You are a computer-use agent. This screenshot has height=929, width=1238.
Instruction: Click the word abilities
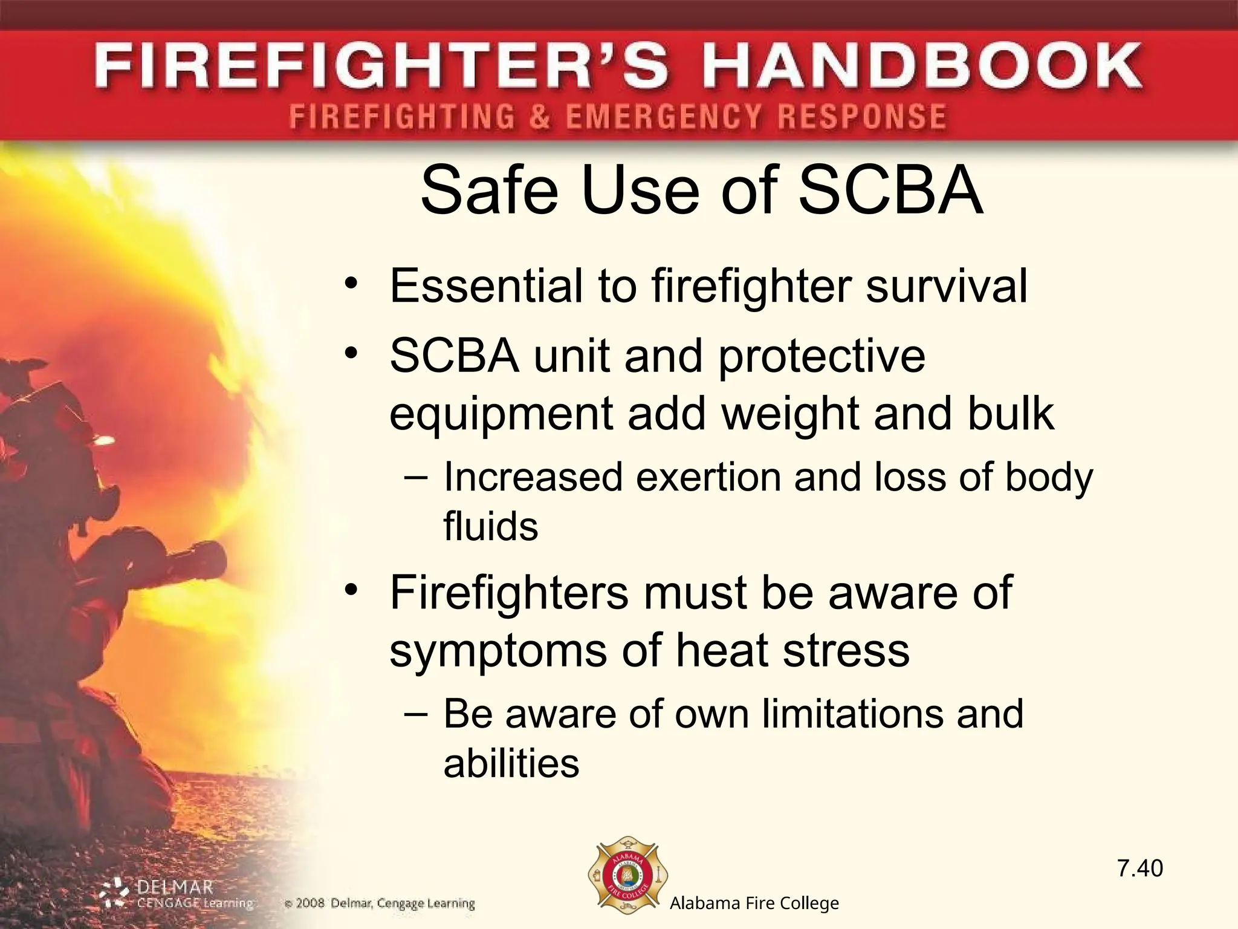pyautogui.click(x=511, y=763)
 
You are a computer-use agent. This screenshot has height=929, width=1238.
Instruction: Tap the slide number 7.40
pyautogui.click(x=1139, y=869)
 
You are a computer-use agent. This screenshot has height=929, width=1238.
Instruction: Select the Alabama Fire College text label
pyautogui.click(x=754, y=904)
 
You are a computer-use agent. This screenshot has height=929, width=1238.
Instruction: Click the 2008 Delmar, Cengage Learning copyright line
pyautogui.click(x=380, y=904)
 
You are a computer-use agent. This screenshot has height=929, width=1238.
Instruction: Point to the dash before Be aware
pyautogui.click(x=416, y=714)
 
